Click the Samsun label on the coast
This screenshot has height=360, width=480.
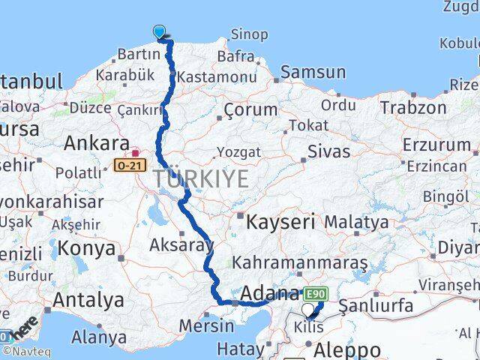313,73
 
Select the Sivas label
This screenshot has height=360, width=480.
328,151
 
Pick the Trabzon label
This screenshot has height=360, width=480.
412,107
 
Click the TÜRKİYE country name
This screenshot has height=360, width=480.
200,178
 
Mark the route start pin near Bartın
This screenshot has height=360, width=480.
160,31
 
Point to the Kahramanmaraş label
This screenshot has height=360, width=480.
299,263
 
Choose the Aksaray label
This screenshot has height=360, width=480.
181,244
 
